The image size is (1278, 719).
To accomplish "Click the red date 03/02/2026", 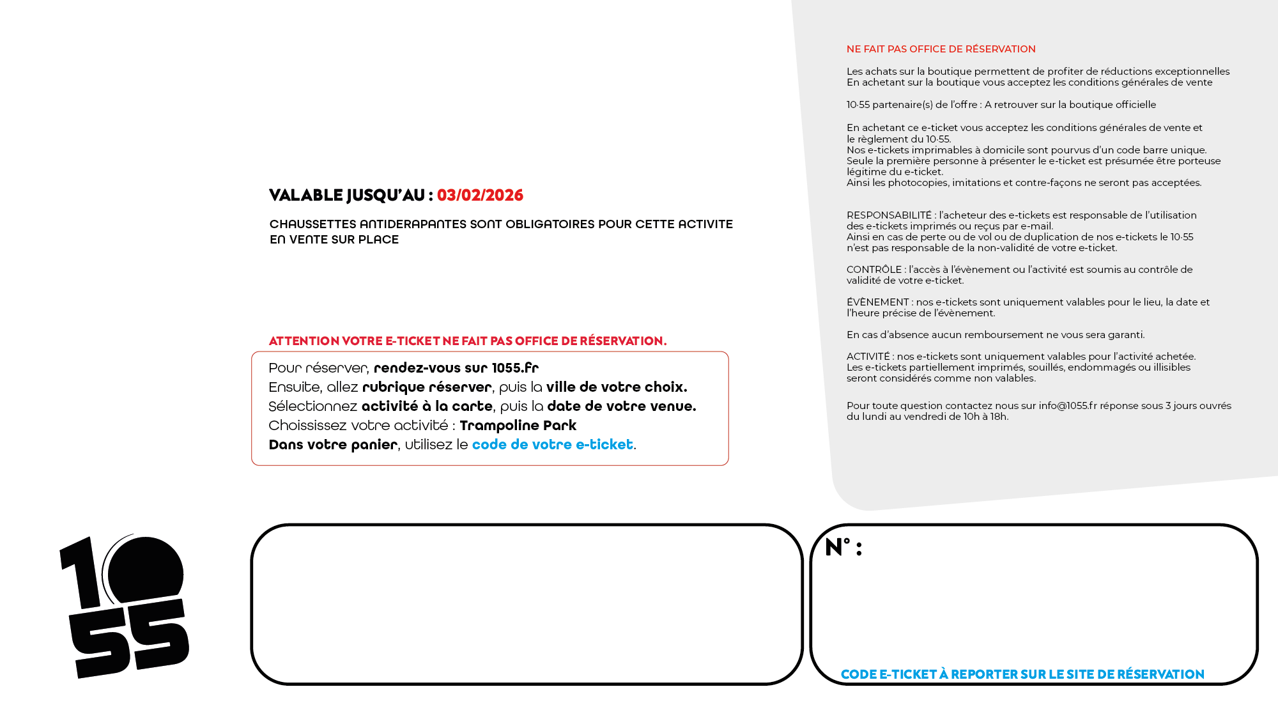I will pyautogui.click(x=480, y=196).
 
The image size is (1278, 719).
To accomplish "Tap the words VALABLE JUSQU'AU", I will pyautogui.click(x=348, y=196).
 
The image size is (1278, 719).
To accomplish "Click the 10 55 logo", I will pyautogui.click(x=125, y=607).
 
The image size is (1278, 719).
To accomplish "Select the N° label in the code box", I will pyautogui.click(x=843, y=548).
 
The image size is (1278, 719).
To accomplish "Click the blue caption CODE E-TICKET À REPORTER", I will pyautogui.click(x=1022, y=674).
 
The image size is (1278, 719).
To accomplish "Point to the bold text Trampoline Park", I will pyautogui.click(x=518, y=426).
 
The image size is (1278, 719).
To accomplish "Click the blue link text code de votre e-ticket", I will pyautogui.click(x=552, y=445).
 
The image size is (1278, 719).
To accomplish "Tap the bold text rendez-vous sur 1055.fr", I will pyautogui.click(x=456, y=368).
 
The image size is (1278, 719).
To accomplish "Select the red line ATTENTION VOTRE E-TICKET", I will pyautogui.click(x=467, y=341).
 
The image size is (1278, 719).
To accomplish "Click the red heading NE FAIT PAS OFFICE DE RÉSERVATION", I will pyautogui.click(x=941, y=49).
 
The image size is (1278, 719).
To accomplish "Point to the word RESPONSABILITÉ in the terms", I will pyautogui.click(x=889, y=215).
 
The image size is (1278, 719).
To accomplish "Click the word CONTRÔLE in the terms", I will pyautogui.click(x=874, y=270).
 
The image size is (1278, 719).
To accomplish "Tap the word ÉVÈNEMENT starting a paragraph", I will pyautogui.click(x=877, y=302).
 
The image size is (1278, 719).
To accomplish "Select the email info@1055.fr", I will pyautogui.click(x=1067, y=406).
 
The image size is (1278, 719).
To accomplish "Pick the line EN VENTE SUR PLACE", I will pyautogui.click(x=334, y=240).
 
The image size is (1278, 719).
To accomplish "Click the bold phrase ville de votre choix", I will pyautogui.click(x=616, y=387).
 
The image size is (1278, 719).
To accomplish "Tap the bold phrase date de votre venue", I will pyautogui.click(x=621, y=406).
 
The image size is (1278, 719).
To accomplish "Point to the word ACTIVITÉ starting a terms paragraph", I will pyautogui.click(x=868, y=357).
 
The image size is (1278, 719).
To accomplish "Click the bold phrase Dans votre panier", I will pyautogui.click(x=332, y=445).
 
